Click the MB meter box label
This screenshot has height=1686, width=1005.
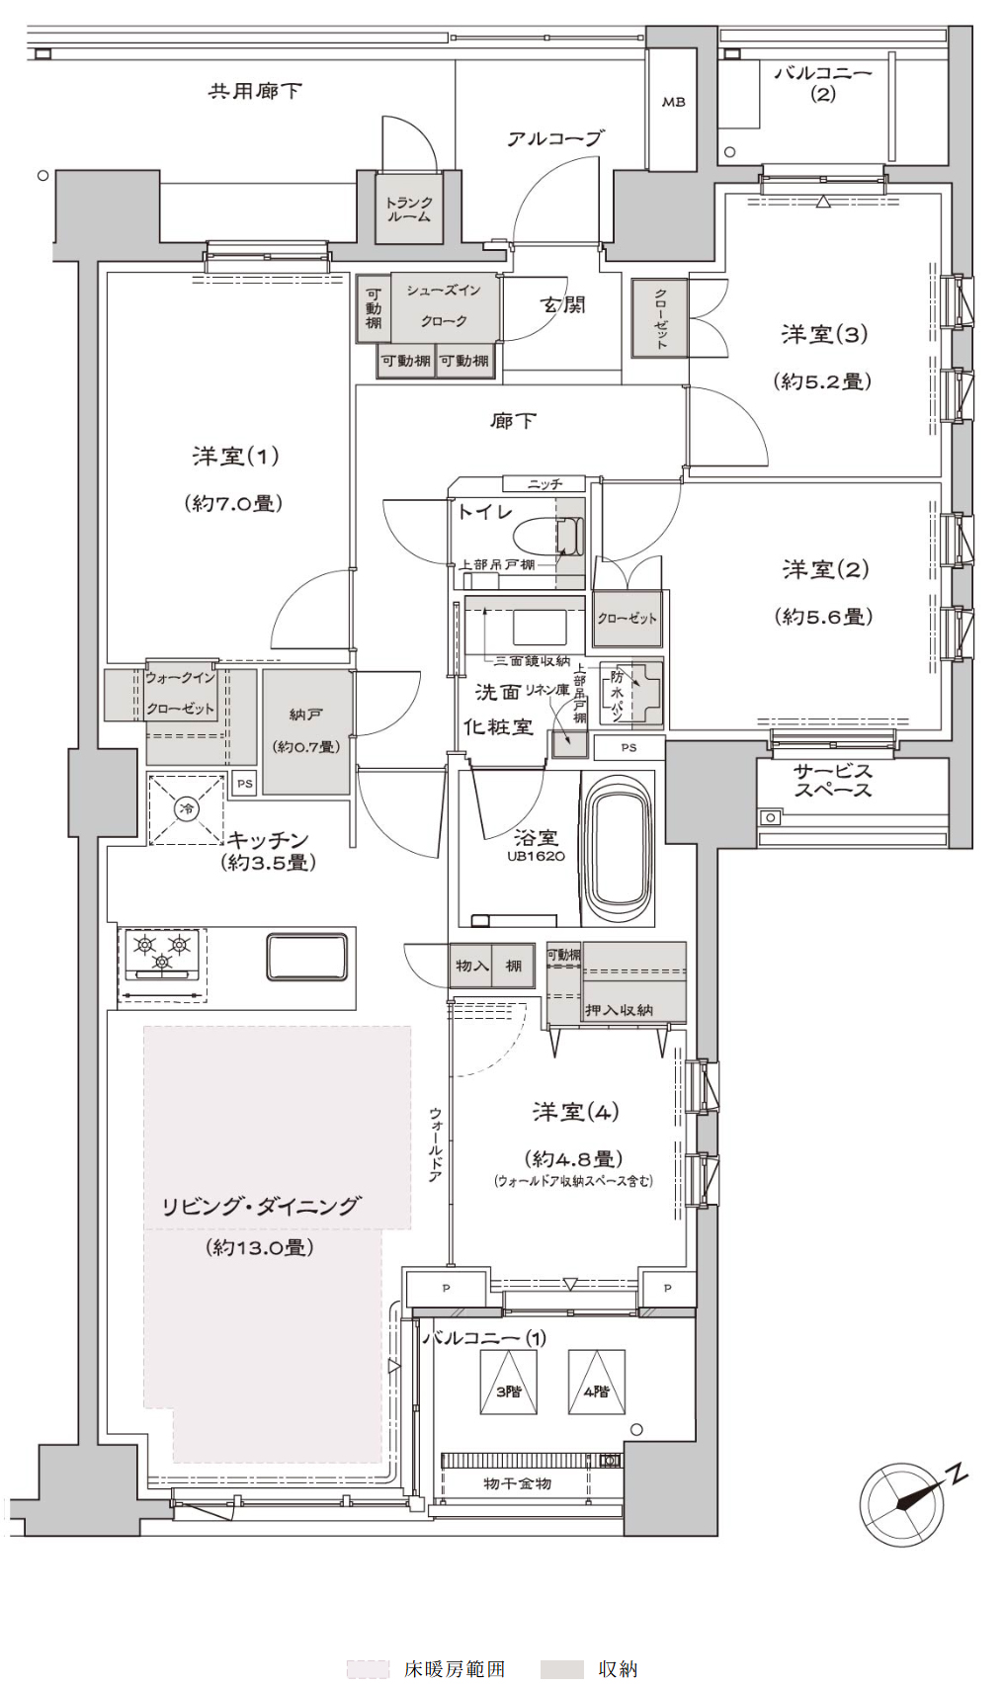pos(674,102)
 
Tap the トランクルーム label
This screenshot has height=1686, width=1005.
pos(409,210)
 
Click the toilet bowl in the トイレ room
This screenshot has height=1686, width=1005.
pos(544,538)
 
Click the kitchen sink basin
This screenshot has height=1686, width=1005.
pos(307,957)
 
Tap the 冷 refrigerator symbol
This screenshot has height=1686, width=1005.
pos(186,809)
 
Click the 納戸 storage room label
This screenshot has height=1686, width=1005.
pos(305,714)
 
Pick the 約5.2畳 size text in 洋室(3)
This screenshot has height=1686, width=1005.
pos(823,381)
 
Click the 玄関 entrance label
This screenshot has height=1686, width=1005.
pos(562,304)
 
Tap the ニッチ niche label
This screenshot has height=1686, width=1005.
pos(544,484)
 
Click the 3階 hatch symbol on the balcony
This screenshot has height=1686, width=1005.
pos(509,1382)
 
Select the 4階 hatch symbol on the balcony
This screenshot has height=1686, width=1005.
pos(596,1382)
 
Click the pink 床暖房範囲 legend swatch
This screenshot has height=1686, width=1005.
pos(368,1668)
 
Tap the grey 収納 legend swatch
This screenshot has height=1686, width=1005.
pos(561,1668)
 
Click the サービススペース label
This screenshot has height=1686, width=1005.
pos(833,781)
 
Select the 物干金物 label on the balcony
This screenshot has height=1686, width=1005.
pos(517,1482)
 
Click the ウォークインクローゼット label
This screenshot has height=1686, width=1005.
pos(180,693)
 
